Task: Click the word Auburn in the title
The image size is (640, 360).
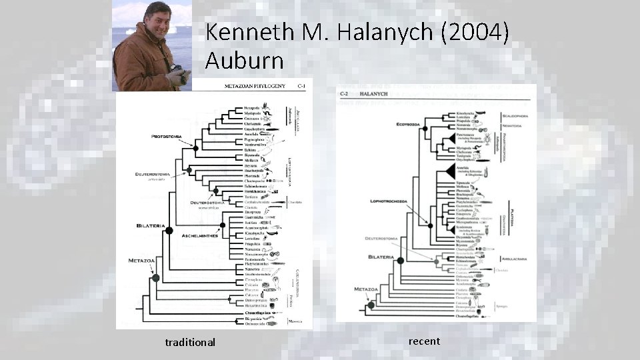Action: [245, 61]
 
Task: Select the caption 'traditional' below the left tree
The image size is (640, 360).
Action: [190, 342]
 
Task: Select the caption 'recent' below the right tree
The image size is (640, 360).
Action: [424, 341]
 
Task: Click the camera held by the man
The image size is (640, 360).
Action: [178, 73]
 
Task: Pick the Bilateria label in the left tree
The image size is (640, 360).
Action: [151, 225]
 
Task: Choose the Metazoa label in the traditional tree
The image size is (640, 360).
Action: [142, 261]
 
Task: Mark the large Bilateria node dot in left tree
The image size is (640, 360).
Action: [169, 231]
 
